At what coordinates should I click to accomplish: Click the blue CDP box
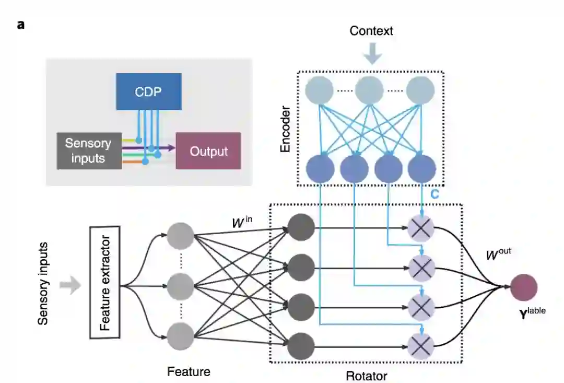click(148, 91)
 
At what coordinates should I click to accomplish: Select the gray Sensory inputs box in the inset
click(89, 151)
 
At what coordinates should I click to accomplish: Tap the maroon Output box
click(208, 151)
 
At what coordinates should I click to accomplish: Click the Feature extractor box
click(104, 283)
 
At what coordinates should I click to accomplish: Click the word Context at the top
click(371, 31)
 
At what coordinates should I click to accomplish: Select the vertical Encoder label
click(285, 129)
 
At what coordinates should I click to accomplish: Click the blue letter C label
click(434, 194)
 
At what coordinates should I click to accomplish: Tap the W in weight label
click(242, 222)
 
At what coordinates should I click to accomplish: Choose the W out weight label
click(498, 254)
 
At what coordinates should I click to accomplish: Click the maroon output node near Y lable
click(524, 287)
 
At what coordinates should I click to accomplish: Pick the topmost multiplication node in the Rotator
click(421, 228)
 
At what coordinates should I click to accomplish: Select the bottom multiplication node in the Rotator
click(421, 346)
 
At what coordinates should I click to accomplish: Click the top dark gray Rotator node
click(301, 227)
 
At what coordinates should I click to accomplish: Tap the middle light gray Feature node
click(181, 286)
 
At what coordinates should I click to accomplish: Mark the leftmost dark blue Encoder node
click(320, 169)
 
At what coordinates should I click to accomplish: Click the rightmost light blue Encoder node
click(420, 90)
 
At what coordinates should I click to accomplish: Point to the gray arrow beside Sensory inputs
click(70, 285)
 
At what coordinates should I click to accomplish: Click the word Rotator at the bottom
click(367, 376)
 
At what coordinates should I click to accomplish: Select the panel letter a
click(21, 25)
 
